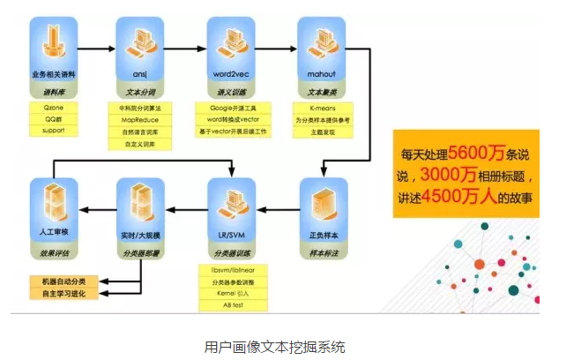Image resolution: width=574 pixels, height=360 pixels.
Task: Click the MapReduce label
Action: tap(140, 117)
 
